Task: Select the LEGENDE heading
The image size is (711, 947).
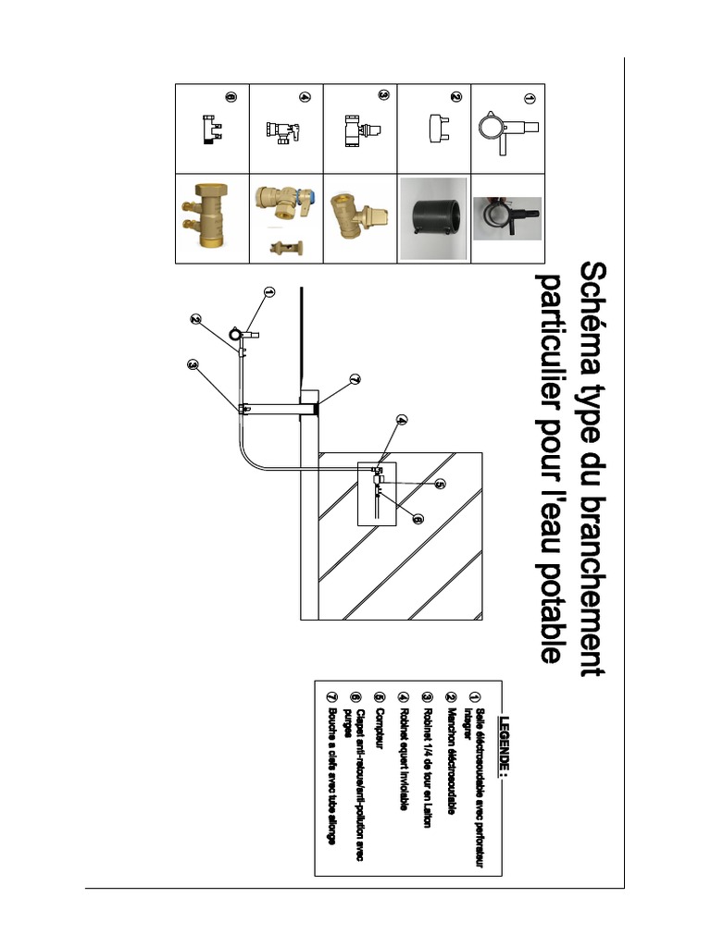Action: [x=505, y=745]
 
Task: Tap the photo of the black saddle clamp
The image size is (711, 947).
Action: [x=506, y=218]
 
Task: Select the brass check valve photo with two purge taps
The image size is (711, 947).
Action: [x=212, y=218]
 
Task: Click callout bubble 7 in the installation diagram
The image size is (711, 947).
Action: [x=355, y=378]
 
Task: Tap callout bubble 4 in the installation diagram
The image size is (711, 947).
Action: [x=402, y=421]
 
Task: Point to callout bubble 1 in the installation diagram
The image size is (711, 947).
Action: [x=270, y=291]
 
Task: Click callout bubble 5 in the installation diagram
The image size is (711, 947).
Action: [x=441, y=483]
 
